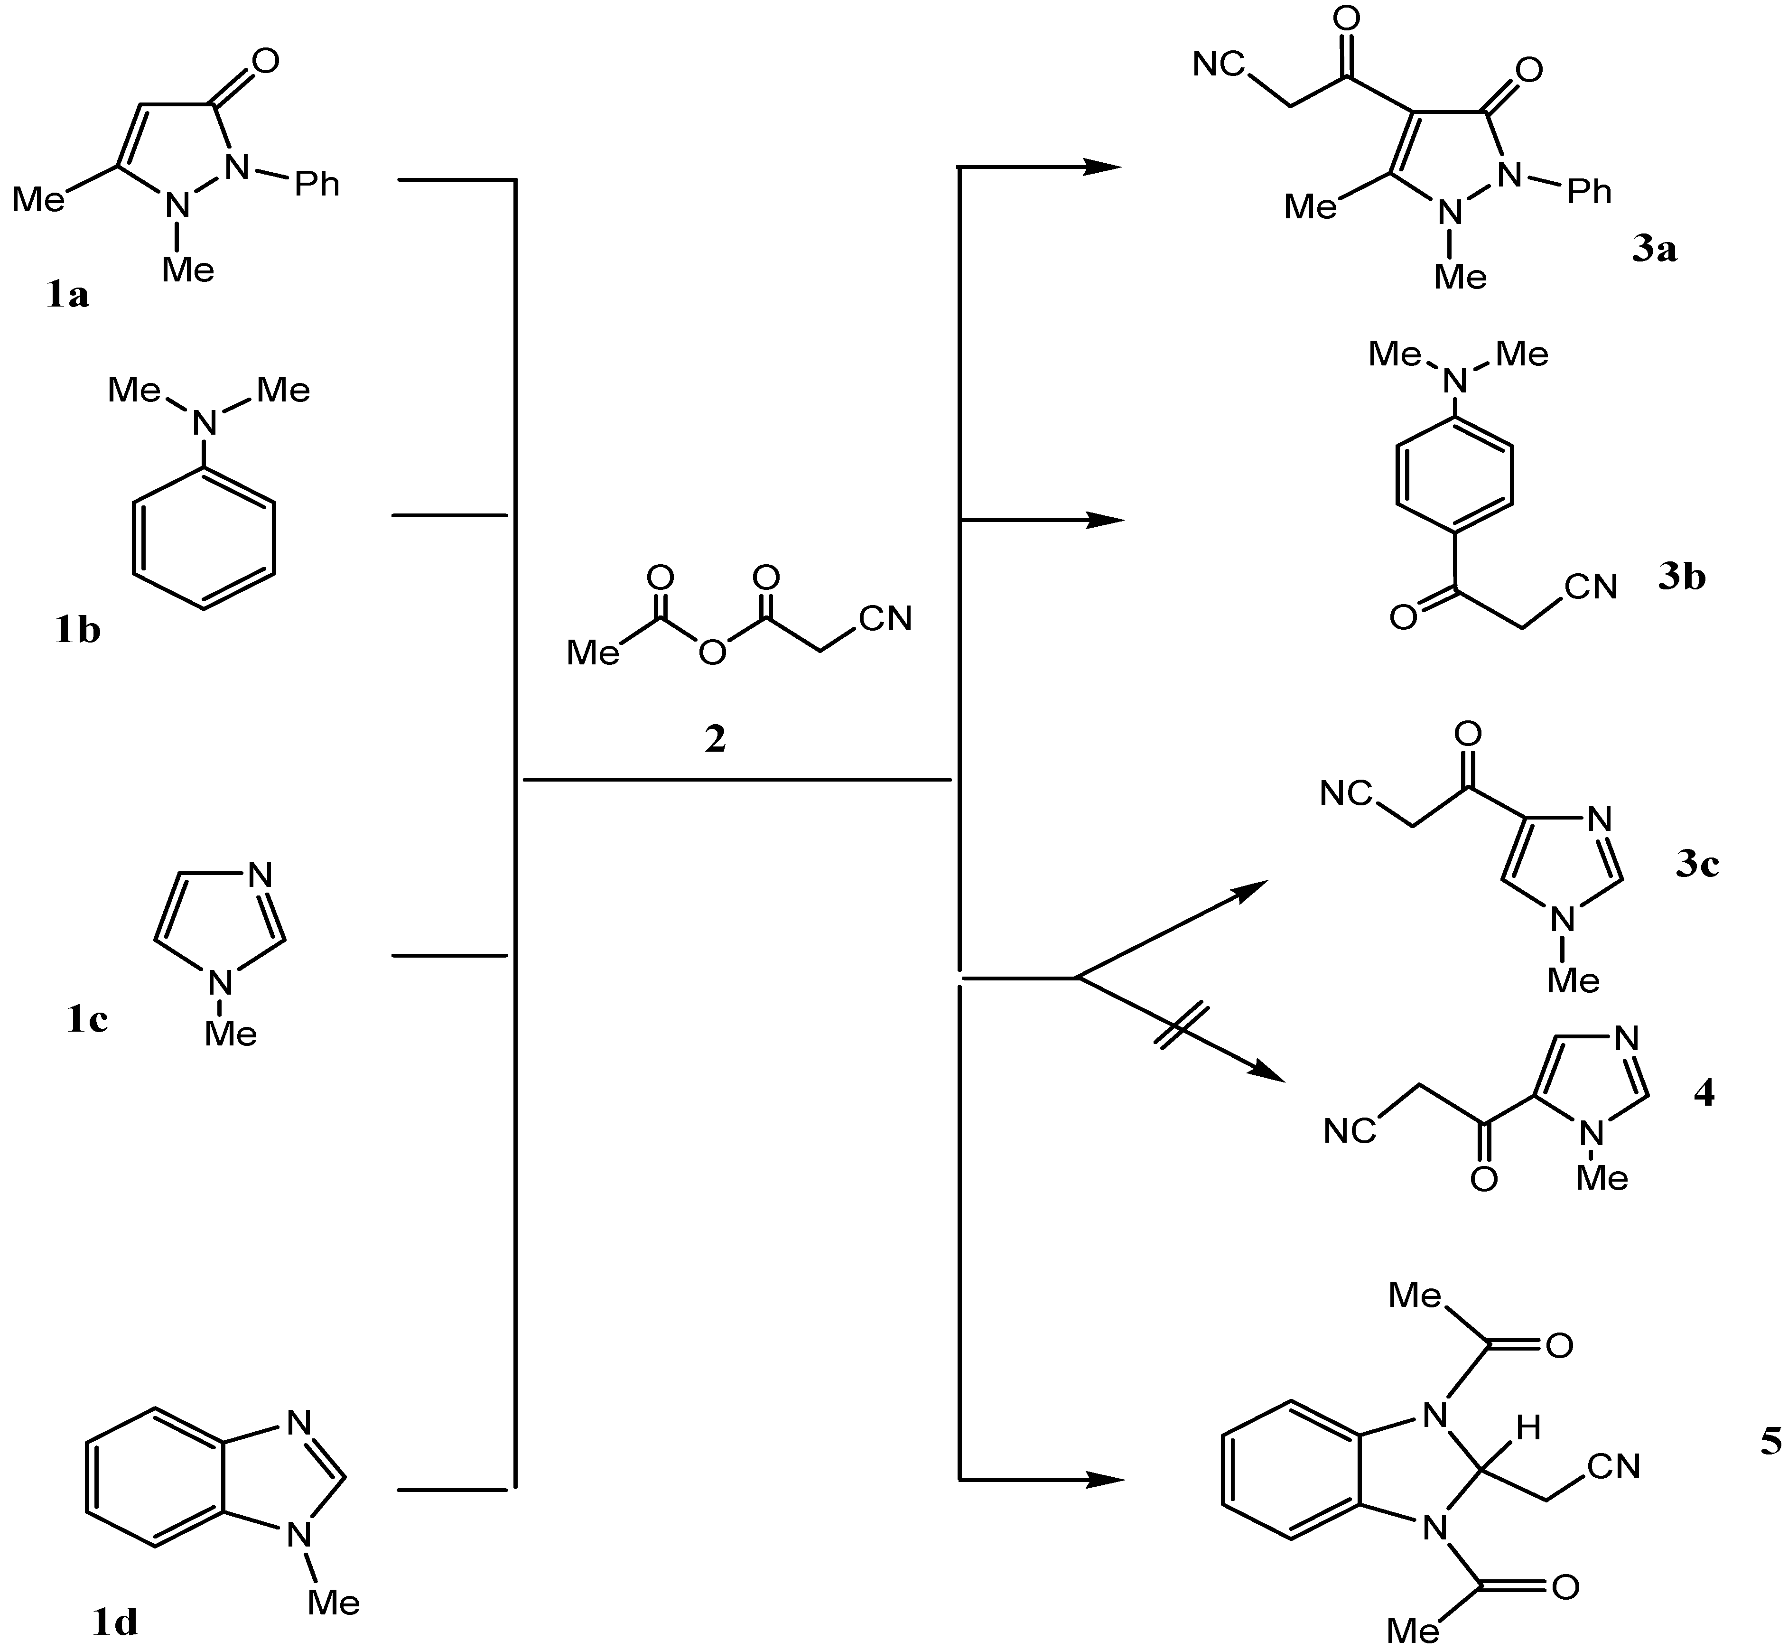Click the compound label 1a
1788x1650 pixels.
tap(68, 294)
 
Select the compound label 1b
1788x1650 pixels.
tap(78, 630)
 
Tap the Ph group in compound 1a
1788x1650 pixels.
tap(318, 184)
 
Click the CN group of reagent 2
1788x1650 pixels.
tap(885, 619)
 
